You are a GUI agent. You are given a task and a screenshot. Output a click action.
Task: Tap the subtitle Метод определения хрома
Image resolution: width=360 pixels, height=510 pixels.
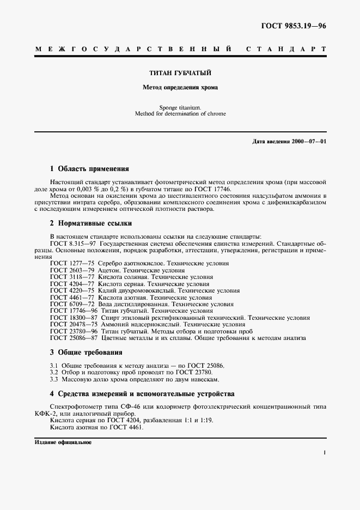[180, 87]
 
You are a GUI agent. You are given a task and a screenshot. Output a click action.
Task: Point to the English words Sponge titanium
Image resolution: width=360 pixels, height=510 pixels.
[180, 107]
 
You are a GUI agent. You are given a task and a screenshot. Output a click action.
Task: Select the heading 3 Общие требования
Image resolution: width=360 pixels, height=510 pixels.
[86, 352]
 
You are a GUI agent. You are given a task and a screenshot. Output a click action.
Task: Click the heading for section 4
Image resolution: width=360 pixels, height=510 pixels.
[142, 393]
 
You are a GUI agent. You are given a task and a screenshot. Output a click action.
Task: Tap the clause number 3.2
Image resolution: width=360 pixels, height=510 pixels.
[54, 372]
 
